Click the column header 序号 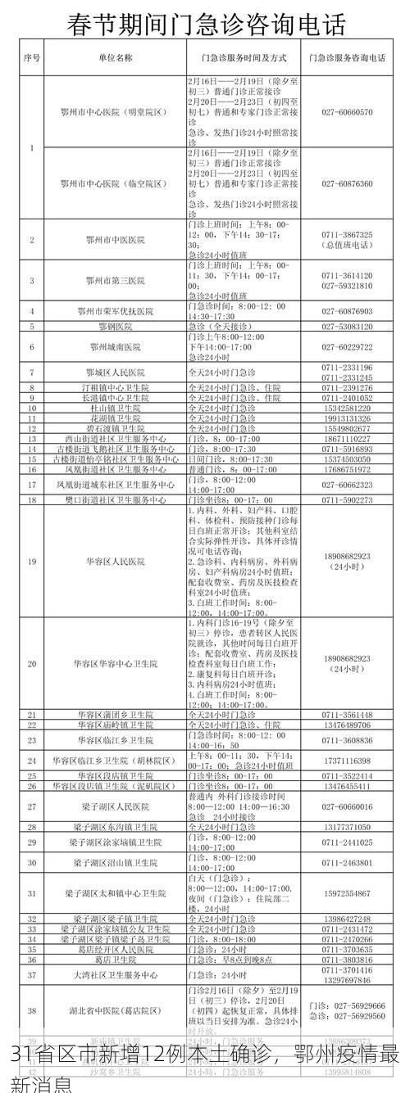[32, 59]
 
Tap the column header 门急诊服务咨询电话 [347, 59]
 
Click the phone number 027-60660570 [347, 111]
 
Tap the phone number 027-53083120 [347, 327]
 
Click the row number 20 [32, 663]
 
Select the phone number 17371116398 [347, 761]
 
